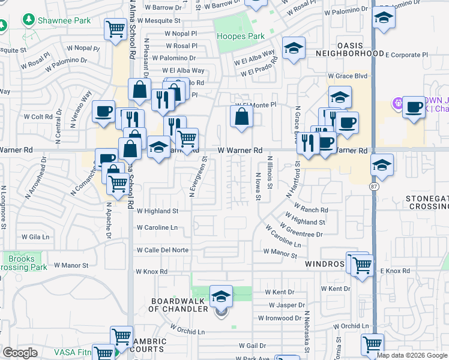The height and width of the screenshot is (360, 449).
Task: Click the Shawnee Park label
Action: pos(65,20)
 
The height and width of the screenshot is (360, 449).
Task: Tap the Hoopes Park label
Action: pos(240,36)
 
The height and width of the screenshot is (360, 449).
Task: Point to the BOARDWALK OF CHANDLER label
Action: pos(178,305)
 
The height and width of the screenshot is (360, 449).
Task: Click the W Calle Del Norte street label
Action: pos(163,250)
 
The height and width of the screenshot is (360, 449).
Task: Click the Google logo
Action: pos(20,353)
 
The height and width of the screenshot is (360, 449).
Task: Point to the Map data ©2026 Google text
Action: pos(412,355)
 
